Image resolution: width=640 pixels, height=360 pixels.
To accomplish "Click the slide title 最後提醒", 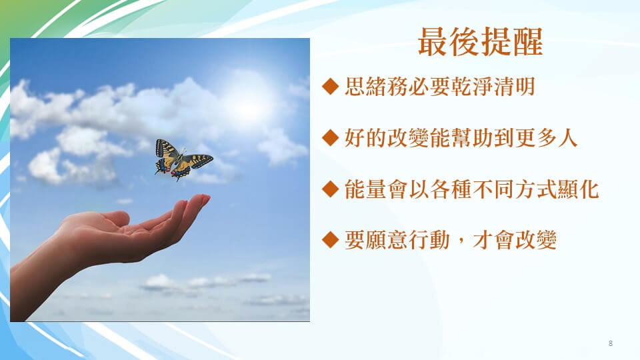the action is tap(481, 41).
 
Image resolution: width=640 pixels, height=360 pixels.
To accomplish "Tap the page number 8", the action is tap(611, 343).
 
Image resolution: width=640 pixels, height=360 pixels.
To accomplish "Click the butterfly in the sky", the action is tap(182, 159).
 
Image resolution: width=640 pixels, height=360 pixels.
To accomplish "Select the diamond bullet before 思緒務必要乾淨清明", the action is tap(330, 86).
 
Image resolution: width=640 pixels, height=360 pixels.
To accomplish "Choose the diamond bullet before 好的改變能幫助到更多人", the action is tap(330, 137).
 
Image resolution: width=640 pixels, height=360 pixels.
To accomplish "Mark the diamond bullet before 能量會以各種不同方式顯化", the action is tap(330, 189).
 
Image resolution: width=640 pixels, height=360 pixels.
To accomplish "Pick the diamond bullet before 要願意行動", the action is tap(330, 240).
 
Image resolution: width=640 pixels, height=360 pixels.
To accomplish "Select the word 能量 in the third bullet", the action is tap(365, 189).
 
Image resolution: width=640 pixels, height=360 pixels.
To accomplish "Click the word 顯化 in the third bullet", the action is tap(577, 189).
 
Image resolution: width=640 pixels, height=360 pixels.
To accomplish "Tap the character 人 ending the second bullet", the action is tap(567, 137).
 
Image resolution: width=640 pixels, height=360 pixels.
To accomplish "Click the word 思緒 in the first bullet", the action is tap(365, 87).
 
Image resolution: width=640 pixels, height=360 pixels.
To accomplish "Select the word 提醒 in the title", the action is tap(512, 41).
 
